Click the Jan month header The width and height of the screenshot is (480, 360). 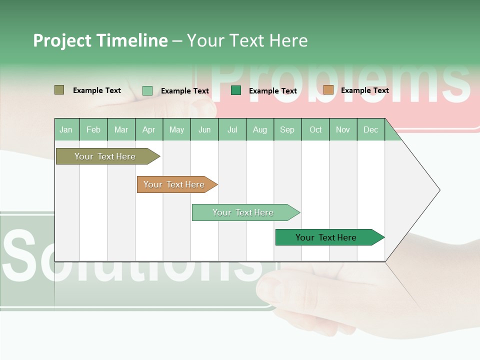(66, 129)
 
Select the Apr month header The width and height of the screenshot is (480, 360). (149, 129)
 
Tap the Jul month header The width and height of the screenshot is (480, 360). (232, 129)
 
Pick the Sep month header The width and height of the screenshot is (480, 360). (287, 129)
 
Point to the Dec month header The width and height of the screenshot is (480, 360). (371, 129)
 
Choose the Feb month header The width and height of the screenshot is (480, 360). (93, 129)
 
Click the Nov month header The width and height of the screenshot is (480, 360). (343, 129)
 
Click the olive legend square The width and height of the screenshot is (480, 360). (59, 90)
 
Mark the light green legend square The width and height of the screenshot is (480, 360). (147, 90)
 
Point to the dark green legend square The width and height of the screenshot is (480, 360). (236, 90)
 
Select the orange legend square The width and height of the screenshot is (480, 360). (328, 90)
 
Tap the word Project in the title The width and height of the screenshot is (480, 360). (62, 40)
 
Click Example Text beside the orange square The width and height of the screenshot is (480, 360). (364, 90)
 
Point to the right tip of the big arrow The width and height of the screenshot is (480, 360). (438, 190)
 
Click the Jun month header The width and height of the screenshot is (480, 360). (204, 129)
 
